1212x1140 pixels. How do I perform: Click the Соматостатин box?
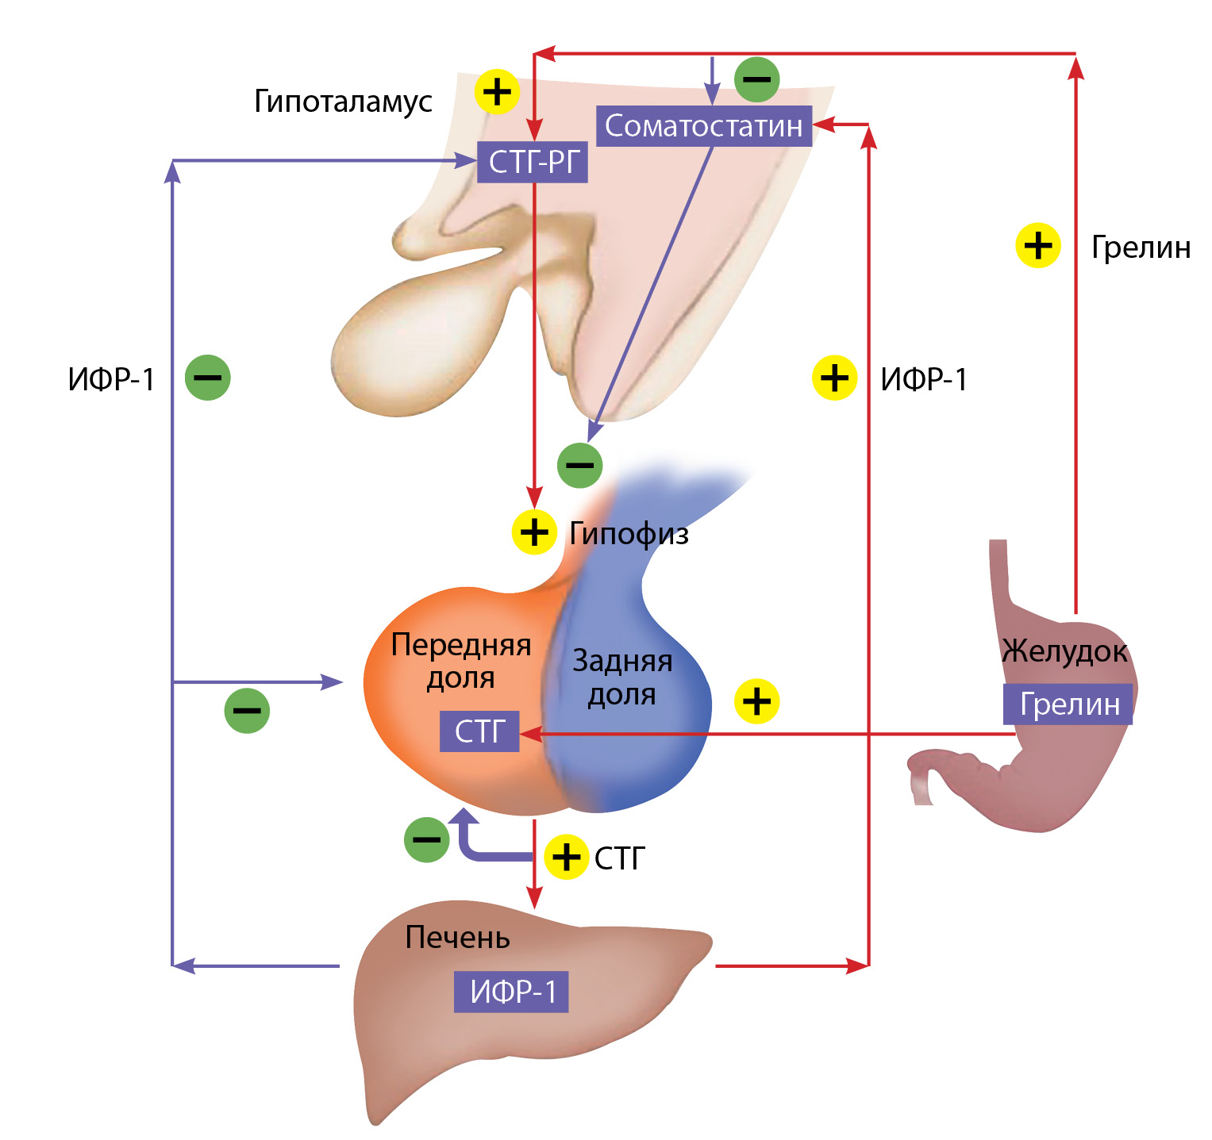click(x=704, y=126)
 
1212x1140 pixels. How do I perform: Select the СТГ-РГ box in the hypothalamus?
click(x=533, y=163)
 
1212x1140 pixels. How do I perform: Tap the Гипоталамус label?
click(x=343, y=102)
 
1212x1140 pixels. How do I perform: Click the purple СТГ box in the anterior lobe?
click(x=479, y=731)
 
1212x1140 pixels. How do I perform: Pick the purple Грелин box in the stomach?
click(x=1068, y=704)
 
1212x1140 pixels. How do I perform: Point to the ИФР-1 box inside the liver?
click(x=512, y=992)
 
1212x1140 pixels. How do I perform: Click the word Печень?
click(x=457, y=938)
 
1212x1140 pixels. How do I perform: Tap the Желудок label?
click(x=1064, y=651)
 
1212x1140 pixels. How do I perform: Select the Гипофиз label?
click(x=629, y=534)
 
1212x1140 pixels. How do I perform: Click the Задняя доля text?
click(x=622, y=677)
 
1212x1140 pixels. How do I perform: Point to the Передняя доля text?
click(x=460, y=661)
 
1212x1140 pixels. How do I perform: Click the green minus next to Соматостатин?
click(x=757, y=79)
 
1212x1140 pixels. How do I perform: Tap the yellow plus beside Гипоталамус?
click(x=497, y=91)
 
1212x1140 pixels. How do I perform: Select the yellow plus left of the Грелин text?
click(x=1038, y=245)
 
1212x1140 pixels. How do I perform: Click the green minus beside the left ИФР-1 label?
click(x=208, y=378)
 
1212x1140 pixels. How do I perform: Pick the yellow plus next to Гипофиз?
click(x=534, y=532)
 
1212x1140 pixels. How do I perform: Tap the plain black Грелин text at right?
click(x=1141, y=248)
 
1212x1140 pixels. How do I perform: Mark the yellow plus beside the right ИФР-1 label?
click(x=835, y=378)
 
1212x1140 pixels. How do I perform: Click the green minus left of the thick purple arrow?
click(x=427, y=839)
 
